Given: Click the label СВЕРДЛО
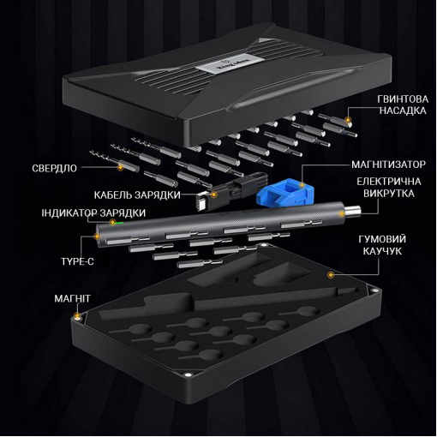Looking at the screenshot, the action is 54,168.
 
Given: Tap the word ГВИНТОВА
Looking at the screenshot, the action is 403,99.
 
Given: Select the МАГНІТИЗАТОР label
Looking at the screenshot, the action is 388,165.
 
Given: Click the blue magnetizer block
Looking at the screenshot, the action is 285,192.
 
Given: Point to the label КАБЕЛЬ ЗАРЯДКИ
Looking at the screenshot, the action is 137,195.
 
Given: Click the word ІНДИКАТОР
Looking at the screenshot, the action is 68,213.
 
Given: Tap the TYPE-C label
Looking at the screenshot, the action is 77,261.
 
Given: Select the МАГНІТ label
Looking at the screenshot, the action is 72,298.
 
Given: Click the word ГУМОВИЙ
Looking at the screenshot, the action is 382,239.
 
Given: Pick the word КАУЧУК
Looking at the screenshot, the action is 382,251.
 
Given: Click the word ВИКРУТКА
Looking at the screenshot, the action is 389,194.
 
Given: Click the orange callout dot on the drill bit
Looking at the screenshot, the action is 121,167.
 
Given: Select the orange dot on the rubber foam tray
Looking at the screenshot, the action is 331,275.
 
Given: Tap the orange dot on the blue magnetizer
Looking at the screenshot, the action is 302,185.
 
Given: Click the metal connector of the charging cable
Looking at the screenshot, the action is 201,203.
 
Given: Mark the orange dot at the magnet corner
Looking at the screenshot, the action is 77,316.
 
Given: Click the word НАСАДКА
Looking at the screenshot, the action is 403,111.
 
